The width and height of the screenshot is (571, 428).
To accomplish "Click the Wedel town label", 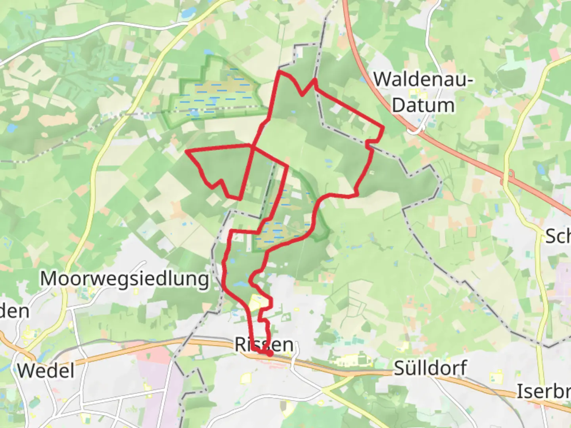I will click(x=46, y=371).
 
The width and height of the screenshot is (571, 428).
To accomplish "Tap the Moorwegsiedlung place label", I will click(x=125, y=279).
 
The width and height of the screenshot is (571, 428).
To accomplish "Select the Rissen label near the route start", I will click(x=264, y=344).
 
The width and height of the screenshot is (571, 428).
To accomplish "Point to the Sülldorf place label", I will click(x=430, y=368).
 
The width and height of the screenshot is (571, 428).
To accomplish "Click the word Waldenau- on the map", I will click(x=423, y=79).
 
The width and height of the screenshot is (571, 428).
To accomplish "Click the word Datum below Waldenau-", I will click(x=423, y=105).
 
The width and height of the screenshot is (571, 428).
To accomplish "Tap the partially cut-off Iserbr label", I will click(x=543, y=392).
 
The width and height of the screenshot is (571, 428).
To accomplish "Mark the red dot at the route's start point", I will click(x=269, y=353).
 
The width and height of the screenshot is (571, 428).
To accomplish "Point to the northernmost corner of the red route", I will click(x=280, y=72).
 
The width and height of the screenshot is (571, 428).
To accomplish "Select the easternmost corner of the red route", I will click(x=383, y=128).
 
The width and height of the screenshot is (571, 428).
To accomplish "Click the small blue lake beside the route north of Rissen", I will click(x=240, y=284).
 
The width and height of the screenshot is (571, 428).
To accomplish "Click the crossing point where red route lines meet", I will click(x=252, y=146).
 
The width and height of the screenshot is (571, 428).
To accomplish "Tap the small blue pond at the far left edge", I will click(x=11, y=128).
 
